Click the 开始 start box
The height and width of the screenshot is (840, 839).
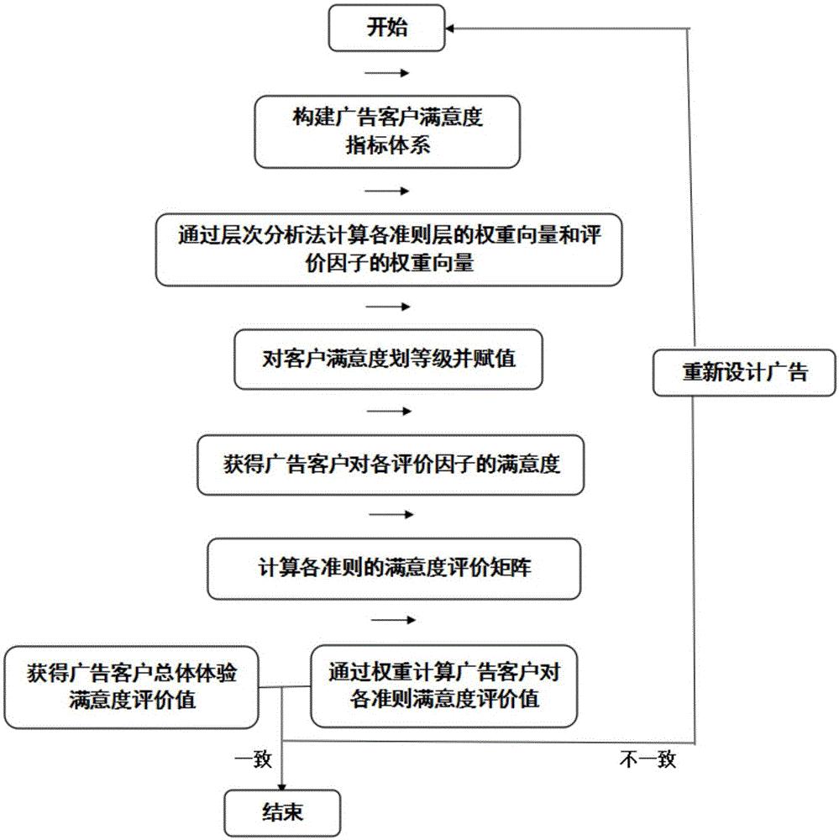(386, 29)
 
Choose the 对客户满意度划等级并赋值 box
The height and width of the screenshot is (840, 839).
(388, 360)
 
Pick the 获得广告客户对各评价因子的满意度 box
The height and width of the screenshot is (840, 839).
(390, 464)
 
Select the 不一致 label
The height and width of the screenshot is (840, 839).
(648, 760)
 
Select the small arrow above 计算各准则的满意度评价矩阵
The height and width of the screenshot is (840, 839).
(391, 515)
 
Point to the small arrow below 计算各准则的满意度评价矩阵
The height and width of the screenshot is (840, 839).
(391, 620)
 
